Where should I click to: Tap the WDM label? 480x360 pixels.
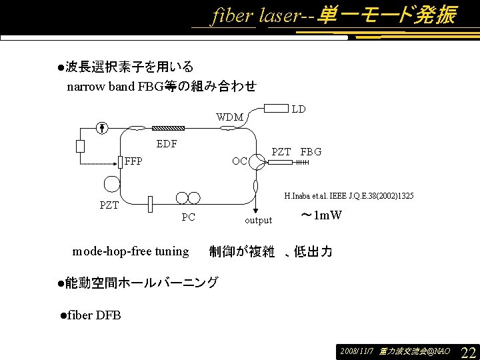(x=229, y=117)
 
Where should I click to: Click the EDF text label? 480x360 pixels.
(x=166, y=143)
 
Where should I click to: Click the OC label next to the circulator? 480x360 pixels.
(x=239, y=161)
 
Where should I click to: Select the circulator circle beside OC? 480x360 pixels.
(x=257, y=164)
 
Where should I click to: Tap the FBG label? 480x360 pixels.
(x=311, y=152)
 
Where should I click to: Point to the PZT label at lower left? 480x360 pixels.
(x=109, y=205)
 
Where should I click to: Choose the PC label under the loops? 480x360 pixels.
(x=189, y=217)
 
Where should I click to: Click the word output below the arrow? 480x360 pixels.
(x=258, y=220)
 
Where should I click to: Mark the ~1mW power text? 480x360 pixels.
(x=321, y=215)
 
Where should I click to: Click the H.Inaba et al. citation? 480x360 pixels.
(x=349, y=196)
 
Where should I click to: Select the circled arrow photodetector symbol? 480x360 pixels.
(x=101, y=127)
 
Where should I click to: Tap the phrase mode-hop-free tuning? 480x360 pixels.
(x=131, y=251)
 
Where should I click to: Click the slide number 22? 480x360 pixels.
(x=468, y=351)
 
